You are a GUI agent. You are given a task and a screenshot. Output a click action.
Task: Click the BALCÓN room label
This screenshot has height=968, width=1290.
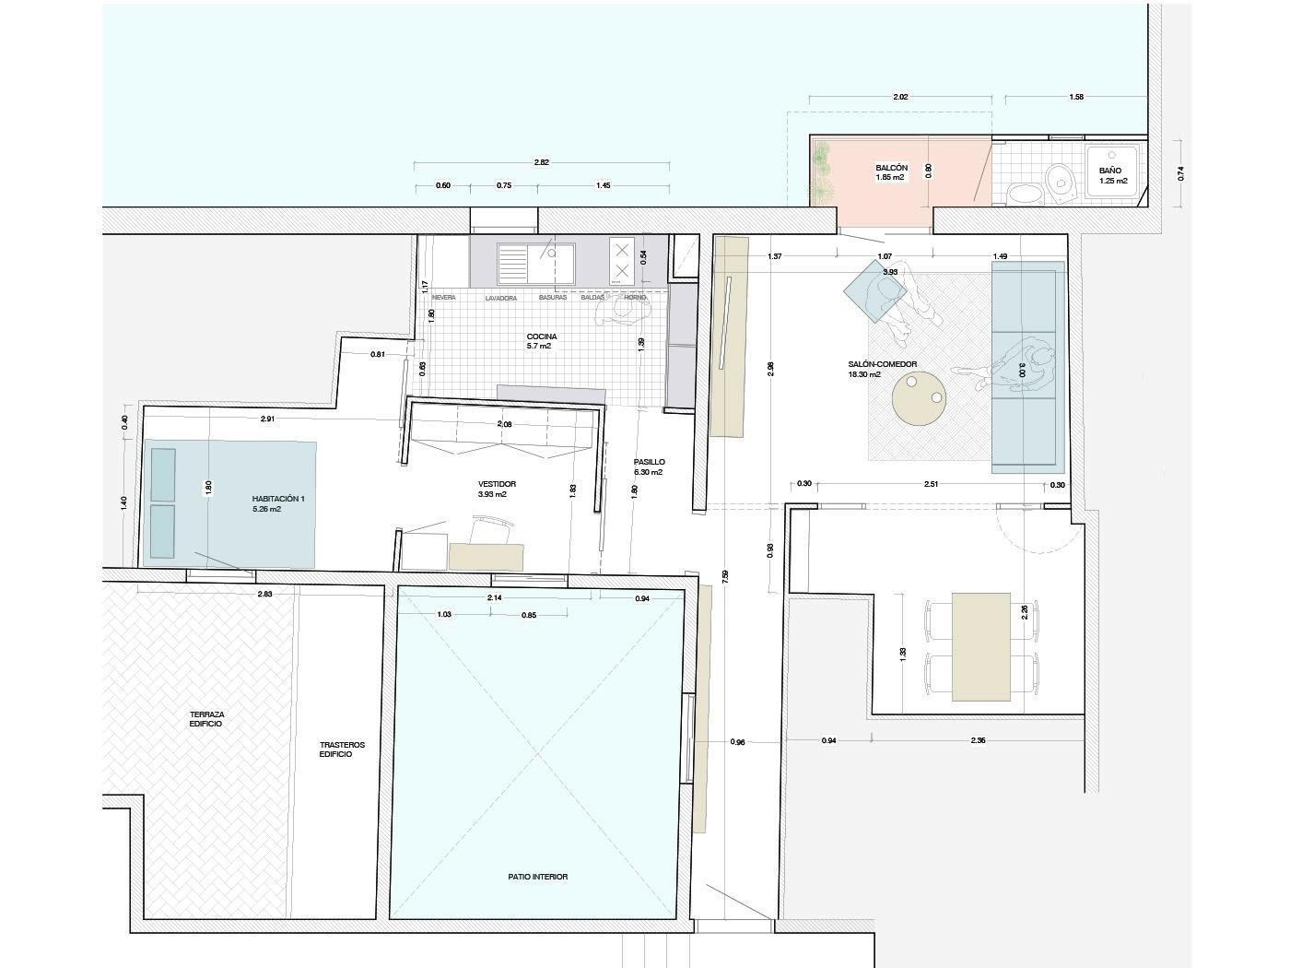[x=891, y=169]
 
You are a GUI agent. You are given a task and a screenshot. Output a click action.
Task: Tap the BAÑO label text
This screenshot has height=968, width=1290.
[x=1110, y=171]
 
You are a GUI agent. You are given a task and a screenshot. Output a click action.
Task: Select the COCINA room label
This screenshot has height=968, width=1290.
[x=541, y=336]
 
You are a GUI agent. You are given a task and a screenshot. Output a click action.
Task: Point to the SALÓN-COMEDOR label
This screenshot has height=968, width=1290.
[x=882, y=364]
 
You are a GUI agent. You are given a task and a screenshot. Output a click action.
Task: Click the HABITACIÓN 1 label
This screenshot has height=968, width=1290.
[x=278, y=499]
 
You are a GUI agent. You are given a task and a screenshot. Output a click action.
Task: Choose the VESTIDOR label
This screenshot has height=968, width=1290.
[x=497, y=484]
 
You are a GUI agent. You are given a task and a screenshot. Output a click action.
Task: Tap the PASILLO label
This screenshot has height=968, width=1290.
[x=649, y=462]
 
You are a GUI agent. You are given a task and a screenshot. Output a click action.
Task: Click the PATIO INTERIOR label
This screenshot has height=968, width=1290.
[x=537, y=877]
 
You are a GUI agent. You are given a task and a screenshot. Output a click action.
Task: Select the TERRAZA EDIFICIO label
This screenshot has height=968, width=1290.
[x=206, y=719]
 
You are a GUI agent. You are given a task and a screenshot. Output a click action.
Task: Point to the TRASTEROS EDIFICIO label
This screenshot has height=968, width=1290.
[x=342, y=749]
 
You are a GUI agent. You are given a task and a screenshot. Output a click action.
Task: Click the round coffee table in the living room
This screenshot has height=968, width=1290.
[x=919, y=397]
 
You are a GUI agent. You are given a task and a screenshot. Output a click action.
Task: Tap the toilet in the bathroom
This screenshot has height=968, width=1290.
[x=1061, y=179]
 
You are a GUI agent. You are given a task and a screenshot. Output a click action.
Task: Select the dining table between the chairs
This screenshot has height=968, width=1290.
[x=980, y=646]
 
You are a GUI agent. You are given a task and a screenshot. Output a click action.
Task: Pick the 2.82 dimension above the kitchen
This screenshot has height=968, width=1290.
[x=541, y=162]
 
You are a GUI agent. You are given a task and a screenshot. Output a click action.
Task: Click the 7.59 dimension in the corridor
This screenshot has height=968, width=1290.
[x=726, y=577]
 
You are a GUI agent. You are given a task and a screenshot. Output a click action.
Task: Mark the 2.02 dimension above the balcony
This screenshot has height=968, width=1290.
[x=900, y=97]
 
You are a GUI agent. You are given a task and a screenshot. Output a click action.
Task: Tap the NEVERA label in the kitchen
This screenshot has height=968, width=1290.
[x=443, y=298]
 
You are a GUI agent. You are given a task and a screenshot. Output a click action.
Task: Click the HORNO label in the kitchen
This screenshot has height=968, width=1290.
[x=635, y=298]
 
